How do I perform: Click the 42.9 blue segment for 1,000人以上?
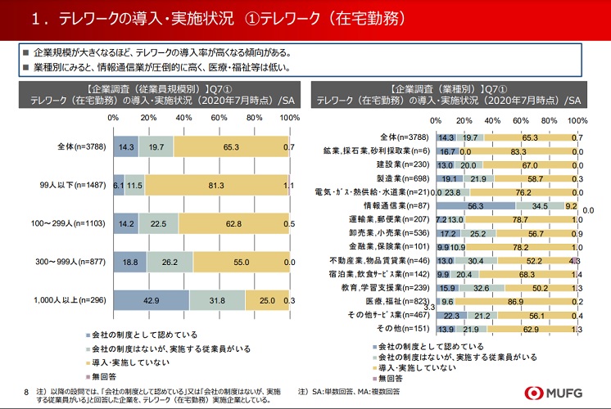coord(151,302)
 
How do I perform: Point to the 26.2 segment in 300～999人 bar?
coord(170,263)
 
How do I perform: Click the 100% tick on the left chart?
coord(290,118)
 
